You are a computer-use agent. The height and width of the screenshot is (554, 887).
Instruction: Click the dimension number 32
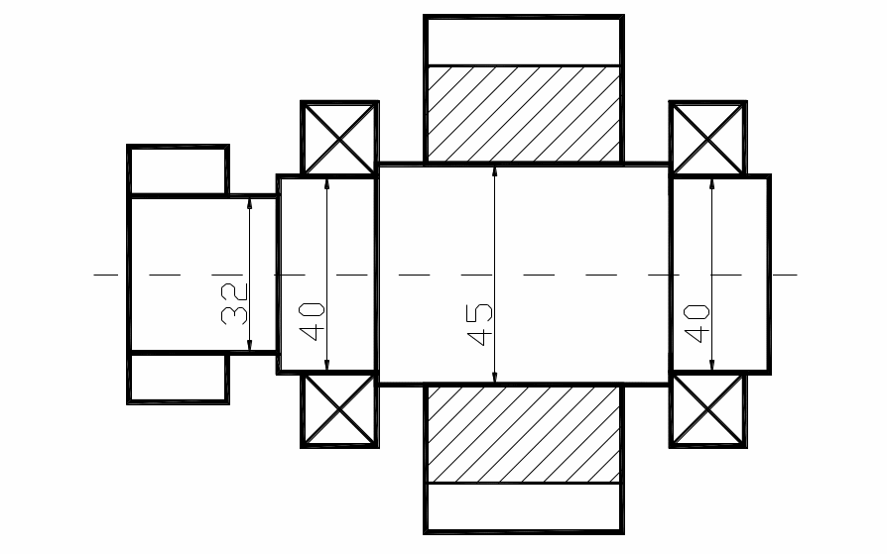point(235,304)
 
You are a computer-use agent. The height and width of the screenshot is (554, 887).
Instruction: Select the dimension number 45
point(480,324)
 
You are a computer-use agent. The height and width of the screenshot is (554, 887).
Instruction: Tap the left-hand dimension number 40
point(313,321)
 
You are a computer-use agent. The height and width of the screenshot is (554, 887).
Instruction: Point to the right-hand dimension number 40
point(697,323)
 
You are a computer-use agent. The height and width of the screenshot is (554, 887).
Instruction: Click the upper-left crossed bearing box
point(339,138)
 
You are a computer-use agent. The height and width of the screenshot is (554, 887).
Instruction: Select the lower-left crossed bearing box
point(339,409)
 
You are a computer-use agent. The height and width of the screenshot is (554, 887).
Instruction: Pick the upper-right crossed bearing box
point(709,138)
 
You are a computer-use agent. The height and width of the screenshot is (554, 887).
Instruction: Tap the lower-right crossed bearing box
point(709,409)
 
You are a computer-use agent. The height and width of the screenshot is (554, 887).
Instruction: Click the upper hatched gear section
point(524,113)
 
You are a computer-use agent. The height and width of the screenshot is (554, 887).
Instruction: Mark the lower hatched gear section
point(524,433)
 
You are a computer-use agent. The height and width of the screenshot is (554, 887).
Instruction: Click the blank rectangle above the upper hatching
point(524,41)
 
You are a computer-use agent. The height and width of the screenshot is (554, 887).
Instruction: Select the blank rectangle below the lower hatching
point(524,506)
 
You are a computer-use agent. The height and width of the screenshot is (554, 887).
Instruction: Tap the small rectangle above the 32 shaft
point(179,170)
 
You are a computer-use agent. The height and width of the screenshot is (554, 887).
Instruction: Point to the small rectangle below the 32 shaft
point(179,377)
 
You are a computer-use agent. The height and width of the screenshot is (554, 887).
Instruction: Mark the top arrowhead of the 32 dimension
point(250,202)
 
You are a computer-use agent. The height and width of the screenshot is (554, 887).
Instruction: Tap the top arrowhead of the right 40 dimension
point(711,183)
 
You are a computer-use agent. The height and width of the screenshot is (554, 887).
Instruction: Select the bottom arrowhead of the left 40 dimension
point(326,366)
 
